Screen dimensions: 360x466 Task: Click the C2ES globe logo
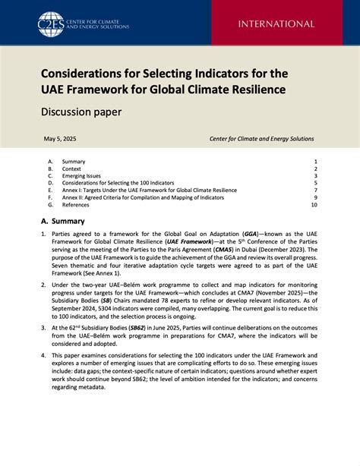click(52, 24)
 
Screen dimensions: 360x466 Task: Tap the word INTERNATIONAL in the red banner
click(276, 24)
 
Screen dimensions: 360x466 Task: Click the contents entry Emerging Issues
click(81, 176)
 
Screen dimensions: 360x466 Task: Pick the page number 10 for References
click(314, 205)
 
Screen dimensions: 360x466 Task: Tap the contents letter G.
click(50, 205)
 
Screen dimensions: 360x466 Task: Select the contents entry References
click(77, 205)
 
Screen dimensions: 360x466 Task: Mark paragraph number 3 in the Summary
click(43, 326)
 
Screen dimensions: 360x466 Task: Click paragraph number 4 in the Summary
click(43, 354)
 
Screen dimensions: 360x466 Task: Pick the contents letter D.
click(50, 183)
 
